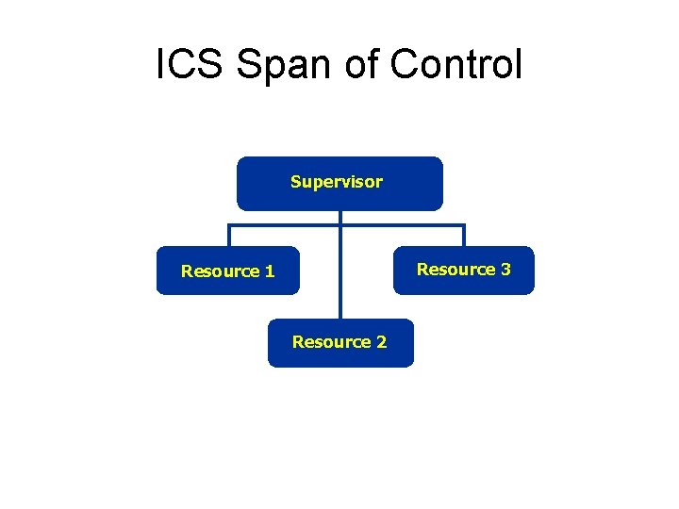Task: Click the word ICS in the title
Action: click(190, 64)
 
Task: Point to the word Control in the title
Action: click(455, 64)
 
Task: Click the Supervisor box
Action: click(339, 183)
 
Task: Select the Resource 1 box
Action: click(227, 271)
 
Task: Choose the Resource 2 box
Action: click(339, 342)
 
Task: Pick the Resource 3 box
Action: click(463, 271)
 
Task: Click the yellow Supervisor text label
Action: click(337, 182)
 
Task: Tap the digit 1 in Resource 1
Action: click(270, 271)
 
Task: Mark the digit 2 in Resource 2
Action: click(381, 342)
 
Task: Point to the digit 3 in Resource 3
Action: click(505, 270)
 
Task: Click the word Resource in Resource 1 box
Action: click(221, 271)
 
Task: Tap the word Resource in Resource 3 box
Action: click(456, 270)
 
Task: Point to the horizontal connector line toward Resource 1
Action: click(283, 225)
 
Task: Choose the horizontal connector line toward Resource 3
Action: click(406, 225)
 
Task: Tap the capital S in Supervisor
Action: click(295, 182)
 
